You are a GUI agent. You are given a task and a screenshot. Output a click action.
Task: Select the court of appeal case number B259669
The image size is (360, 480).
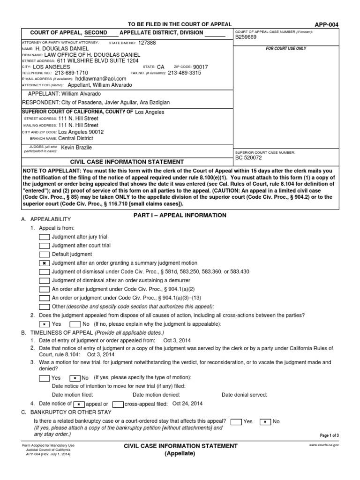coord(246,37)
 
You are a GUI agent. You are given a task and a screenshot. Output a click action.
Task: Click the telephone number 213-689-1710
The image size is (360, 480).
coord(71,73)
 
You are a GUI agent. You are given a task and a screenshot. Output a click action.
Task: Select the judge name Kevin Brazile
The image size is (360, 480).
coord(80,148)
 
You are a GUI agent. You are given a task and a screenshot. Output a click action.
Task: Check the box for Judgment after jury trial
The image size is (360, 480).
coord(45,237)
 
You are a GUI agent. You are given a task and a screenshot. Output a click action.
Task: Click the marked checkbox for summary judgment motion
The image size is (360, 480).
coord(45,263)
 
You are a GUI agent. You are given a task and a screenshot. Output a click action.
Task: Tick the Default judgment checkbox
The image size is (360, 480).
coord(45,254)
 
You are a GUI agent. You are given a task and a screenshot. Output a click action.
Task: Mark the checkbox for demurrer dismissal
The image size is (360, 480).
coord(45,280)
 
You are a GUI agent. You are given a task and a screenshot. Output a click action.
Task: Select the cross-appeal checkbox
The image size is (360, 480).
coord(118,404)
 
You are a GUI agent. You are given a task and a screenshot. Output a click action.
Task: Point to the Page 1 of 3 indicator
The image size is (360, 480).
coord(329,435)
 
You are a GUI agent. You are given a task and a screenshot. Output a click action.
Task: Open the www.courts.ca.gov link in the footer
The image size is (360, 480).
coord(324,444)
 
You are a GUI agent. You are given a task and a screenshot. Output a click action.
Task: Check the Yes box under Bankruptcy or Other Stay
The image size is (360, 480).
coord(237,421)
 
